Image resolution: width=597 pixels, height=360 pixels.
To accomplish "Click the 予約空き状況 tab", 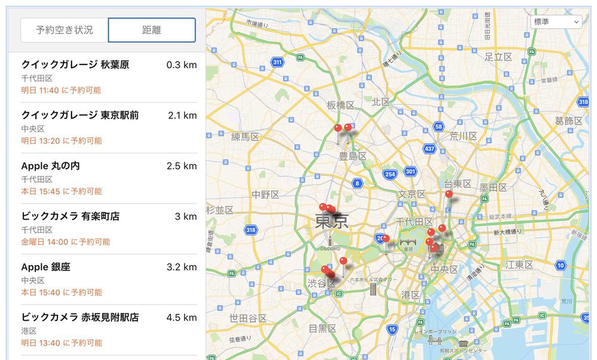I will (64, 30).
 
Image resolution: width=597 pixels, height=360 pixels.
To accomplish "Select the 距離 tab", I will (152, 30).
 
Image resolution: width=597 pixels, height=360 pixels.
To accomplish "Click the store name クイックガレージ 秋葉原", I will (75, 64).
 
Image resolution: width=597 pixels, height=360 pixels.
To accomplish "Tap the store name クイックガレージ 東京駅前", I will (80, 115).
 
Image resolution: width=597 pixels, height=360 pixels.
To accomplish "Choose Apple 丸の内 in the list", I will (50, 165).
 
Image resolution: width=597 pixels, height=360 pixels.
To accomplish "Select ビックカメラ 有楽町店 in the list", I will (70, 216).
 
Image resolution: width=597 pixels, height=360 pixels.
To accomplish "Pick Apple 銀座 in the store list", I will (45, 267).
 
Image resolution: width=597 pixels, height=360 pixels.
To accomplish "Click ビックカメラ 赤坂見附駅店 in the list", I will (80, 317).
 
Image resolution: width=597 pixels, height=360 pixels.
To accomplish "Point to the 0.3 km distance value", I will (181, 64).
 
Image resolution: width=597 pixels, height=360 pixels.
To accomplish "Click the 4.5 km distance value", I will (181, 318).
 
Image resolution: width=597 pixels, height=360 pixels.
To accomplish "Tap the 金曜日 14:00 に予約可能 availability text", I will (66, 242).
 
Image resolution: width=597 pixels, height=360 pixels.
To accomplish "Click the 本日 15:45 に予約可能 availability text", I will (61, 192).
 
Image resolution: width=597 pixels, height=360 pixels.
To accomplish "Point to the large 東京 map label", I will (331, 223).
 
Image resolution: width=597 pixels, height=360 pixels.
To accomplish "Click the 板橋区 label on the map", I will (340, 105).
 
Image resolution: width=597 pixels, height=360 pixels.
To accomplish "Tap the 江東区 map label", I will (519, 264).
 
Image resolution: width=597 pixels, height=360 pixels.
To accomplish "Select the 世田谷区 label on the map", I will (248, 318).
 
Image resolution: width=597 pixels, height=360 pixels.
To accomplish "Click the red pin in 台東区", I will (449, 195).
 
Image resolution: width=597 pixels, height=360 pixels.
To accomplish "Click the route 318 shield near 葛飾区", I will (583, 103).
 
